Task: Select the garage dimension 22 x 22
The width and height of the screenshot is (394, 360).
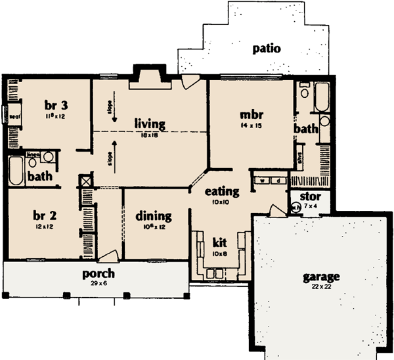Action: tap(321, 288)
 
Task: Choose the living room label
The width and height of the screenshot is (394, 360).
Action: tap(150, 123)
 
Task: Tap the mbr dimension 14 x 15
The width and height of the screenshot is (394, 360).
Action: tap(251, 124)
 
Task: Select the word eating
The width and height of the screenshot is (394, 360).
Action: tap(221, 191)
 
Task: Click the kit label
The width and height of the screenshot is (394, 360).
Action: tap(219, 241)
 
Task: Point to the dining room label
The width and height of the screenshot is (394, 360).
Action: tap(154, 215)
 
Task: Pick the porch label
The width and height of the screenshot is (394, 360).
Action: tap(98, 273)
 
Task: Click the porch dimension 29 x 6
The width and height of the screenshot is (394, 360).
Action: tap(98, 283)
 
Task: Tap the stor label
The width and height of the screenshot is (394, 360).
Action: tap(309, 196)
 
